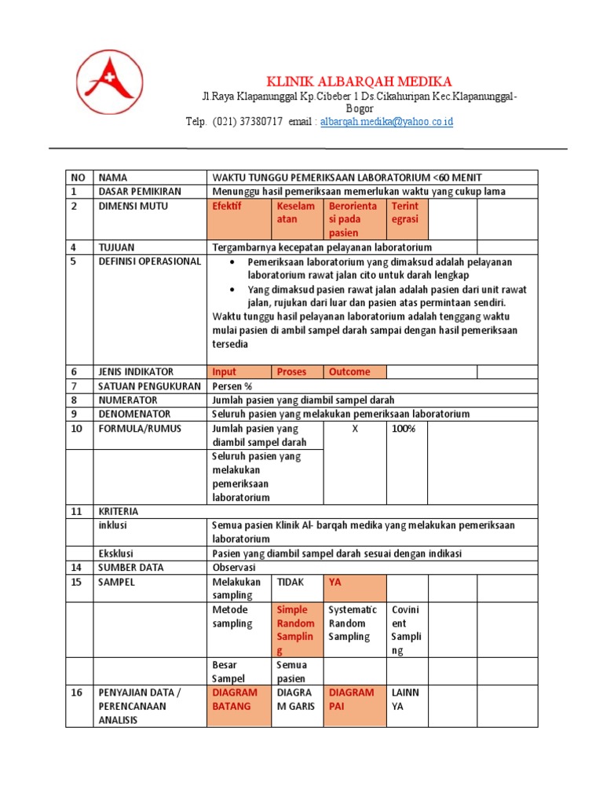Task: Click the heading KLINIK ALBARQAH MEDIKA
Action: pos(359,82)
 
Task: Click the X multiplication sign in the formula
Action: pos(354,429)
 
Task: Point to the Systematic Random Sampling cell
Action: pos(353,623)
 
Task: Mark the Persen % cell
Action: pos(232,386)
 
